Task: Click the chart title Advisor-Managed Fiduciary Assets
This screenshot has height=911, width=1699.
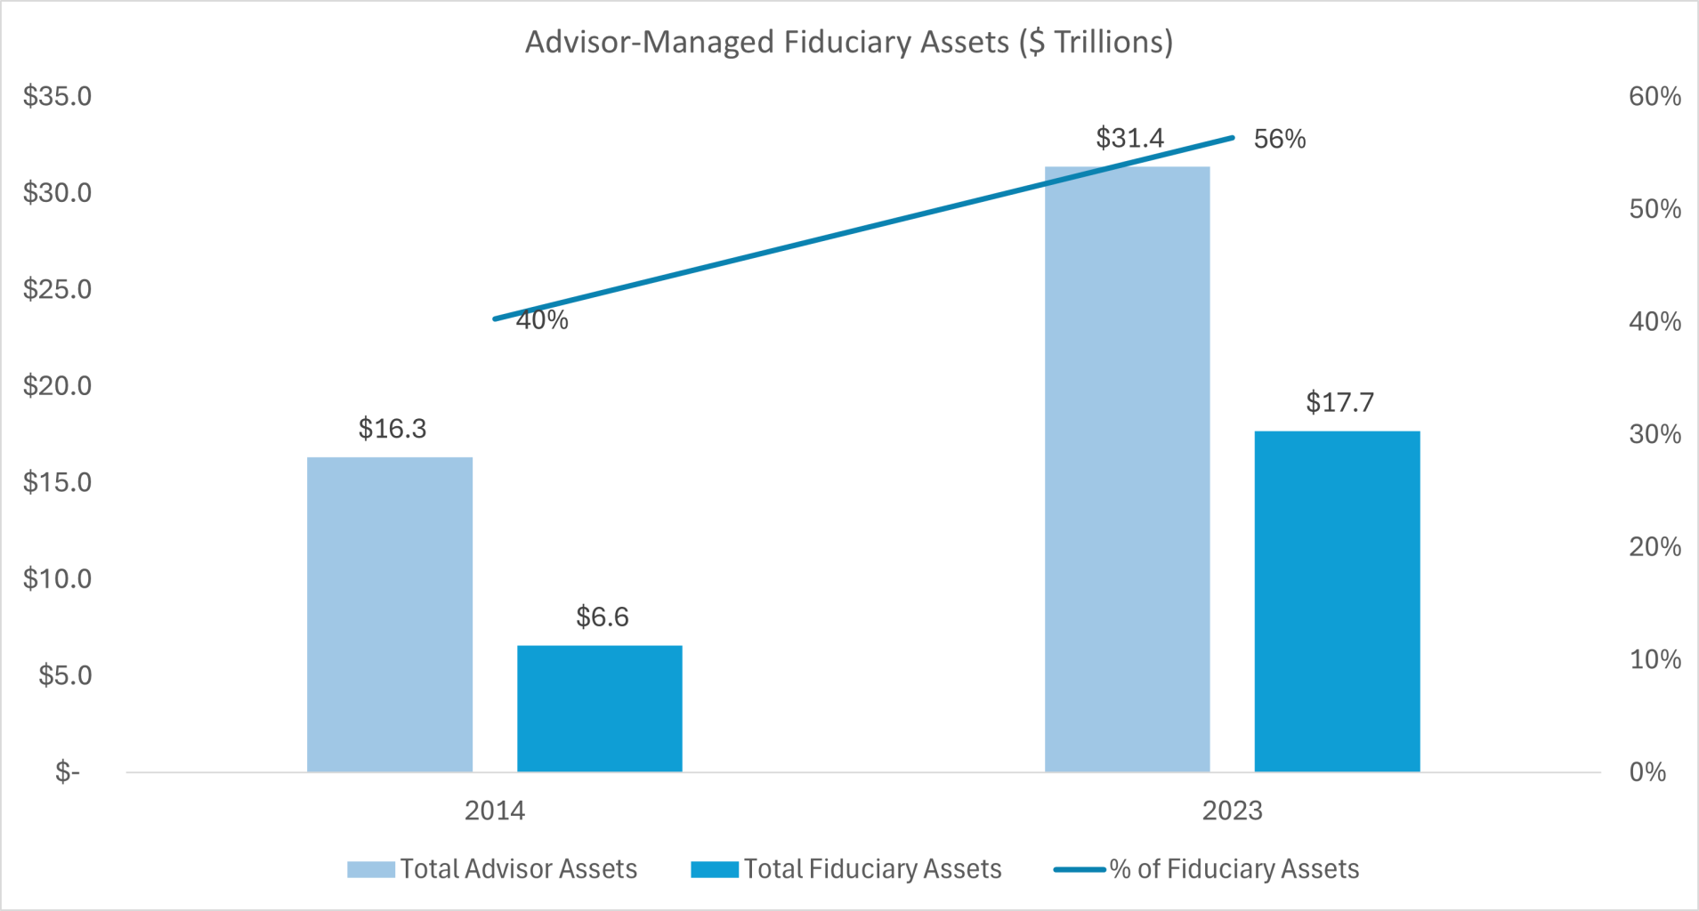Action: click(848, 43)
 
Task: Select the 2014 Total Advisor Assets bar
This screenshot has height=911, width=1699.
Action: click(390, 614)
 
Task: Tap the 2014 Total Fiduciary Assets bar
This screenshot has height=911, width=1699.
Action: click(599, 708)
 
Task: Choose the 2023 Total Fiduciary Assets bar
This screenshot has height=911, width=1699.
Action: click(1337, 601)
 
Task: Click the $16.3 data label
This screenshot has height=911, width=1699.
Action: click(392, 429)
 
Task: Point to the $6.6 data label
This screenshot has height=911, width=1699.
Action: click(602, 617)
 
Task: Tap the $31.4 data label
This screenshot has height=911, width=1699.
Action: click(1129, 138)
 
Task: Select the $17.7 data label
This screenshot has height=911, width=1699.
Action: click(1339, 402)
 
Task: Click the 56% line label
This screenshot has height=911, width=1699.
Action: click(1280, 139)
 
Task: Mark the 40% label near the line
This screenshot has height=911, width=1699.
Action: click(542, 320)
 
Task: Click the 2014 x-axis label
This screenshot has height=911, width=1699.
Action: click(495, 810)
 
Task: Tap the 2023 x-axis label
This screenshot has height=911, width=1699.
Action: click(1232, 810)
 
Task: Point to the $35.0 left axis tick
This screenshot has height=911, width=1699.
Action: click(58, 96)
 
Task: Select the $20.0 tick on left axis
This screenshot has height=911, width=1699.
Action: click(58, 385)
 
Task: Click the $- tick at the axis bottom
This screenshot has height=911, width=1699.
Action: click(68, 771)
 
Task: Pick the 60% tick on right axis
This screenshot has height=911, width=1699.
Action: click(1655, 96)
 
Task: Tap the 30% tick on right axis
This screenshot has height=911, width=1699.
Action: click(1655, 434)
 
